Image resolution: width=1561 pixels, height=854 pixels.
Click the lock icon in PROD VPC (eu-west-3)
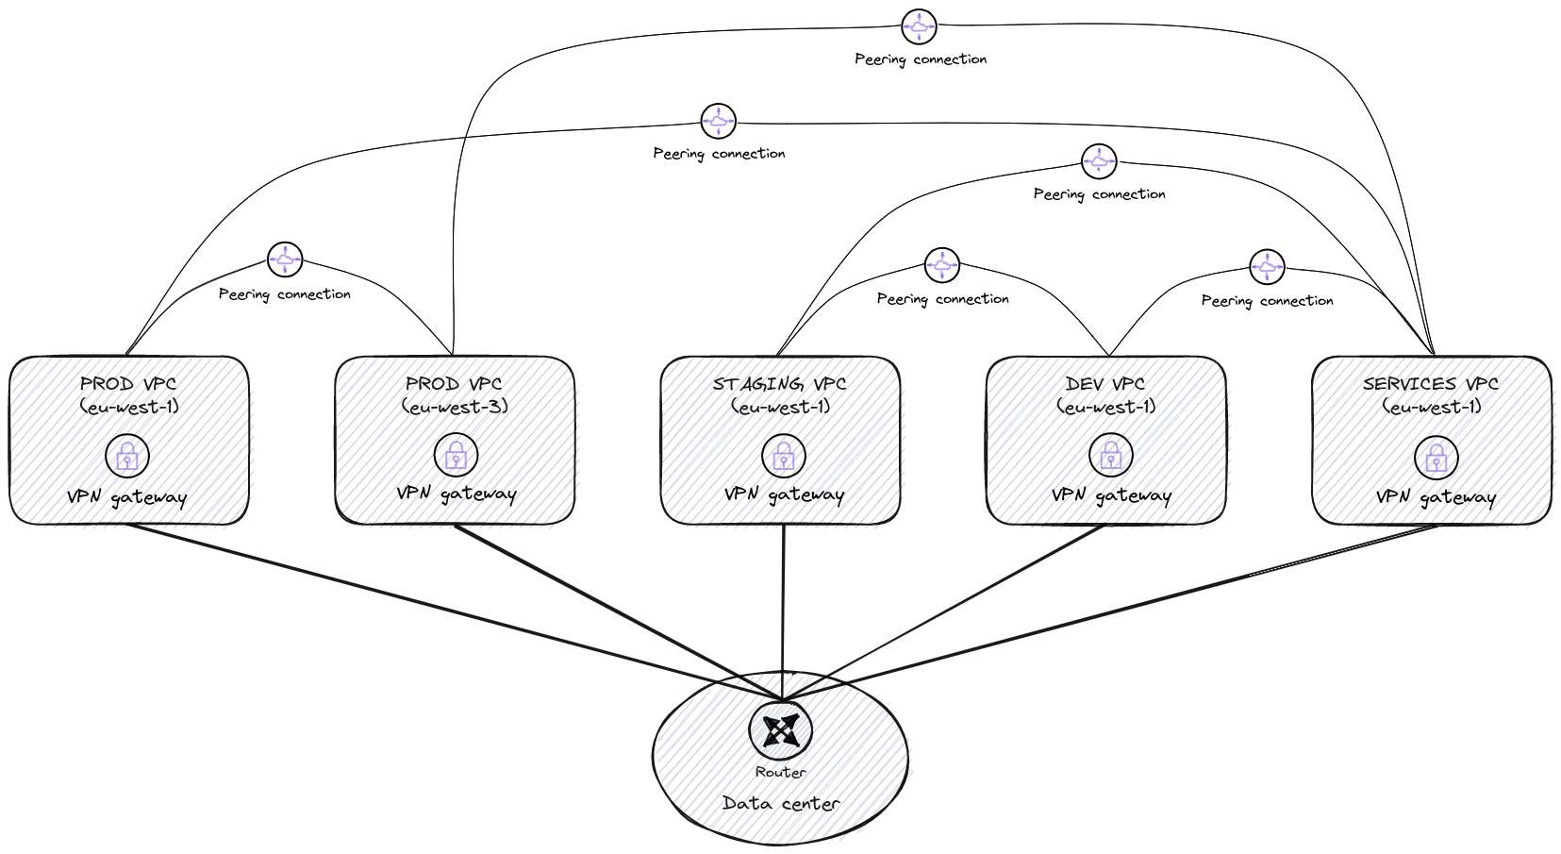(456, 456)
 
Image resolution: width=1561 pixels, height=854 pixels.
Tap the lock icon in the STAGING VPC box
(783, 457)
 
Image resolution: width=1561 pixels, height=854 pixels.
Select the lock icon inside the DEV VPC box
(1110, 457)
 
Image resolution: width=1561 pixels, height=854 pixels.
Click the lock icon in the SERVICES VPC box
(1436, 459)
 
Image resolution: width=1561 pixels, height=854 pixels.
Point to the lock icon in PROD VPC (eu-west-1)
(127, 456)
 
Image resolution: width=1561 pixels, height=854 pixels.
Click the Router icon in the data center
(780, 729)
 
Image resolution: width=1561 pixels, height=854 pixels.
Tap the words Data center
(780, 803)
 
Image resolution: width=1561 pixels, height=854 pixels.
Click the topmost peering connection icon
(919, 27)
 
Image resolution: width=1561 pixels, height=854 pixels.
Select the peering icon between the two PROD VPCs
(285, 260)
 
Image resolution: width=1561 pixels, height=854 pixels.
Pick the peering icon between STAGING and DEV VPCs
(941, 266)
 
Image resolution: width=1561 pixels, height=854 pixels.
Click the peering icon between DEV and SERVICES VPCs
(1266, 267)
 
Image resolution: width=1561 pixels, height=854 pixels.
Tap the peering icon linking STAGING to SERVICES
(1099, 161)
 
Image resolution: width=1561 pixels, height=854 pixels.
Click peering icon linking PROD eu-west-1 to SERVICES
(718, 121)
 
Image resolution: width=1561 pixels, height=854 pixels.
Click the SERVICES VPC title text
(1430, 384)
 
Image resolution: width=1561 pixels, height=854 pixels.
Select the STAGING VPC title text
(779, 384)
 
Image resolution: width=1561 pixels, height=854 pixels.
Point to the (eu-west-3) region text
(455, 408)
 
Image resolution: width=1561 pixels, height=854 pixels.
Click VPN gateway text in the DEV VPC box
(1111, 495)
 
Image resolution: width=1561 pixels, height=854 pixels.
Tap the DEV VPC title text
(1104, 384)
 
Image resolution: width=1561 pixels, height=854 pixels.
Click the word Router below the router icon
(780, 772)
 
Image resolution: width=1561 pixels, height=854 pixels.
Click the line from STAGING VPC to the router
(783, 604)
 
